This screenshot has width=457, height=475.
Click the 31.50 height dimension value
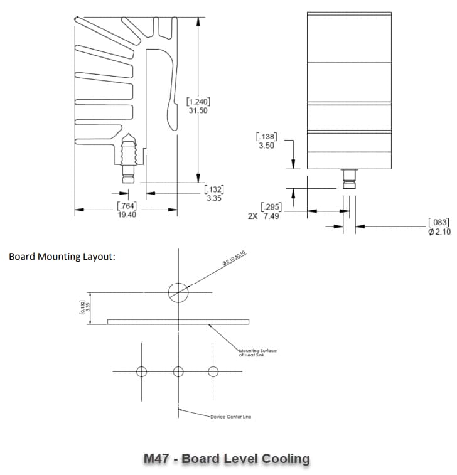point(198,110)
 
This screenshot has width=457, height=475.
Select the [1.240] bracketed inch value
point(198,102)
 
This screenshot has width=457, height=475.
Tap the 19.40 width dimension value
point(126,214)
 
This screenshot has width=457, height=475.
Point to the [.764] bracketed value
point(126,206)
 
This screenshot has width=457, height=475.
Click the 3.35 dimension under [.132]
point(214,198)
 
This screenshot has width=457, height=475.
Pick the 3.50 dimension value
point(266,146)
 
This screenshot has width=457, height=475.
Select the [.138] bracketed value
point(266,137)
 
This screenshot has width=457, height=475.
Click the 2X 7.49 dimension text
point(264,216)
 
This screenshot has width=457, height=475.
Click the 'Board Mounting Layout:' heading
point(62,257)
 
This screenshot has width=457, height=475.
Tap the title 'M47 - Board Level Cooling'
point(227,459)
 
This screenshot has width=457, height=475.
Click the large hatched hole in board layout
point(178,291)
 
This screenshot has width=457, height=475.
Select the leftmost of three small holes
point(142,371)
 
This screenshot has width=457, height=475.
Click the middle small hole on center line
point(178,371)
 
